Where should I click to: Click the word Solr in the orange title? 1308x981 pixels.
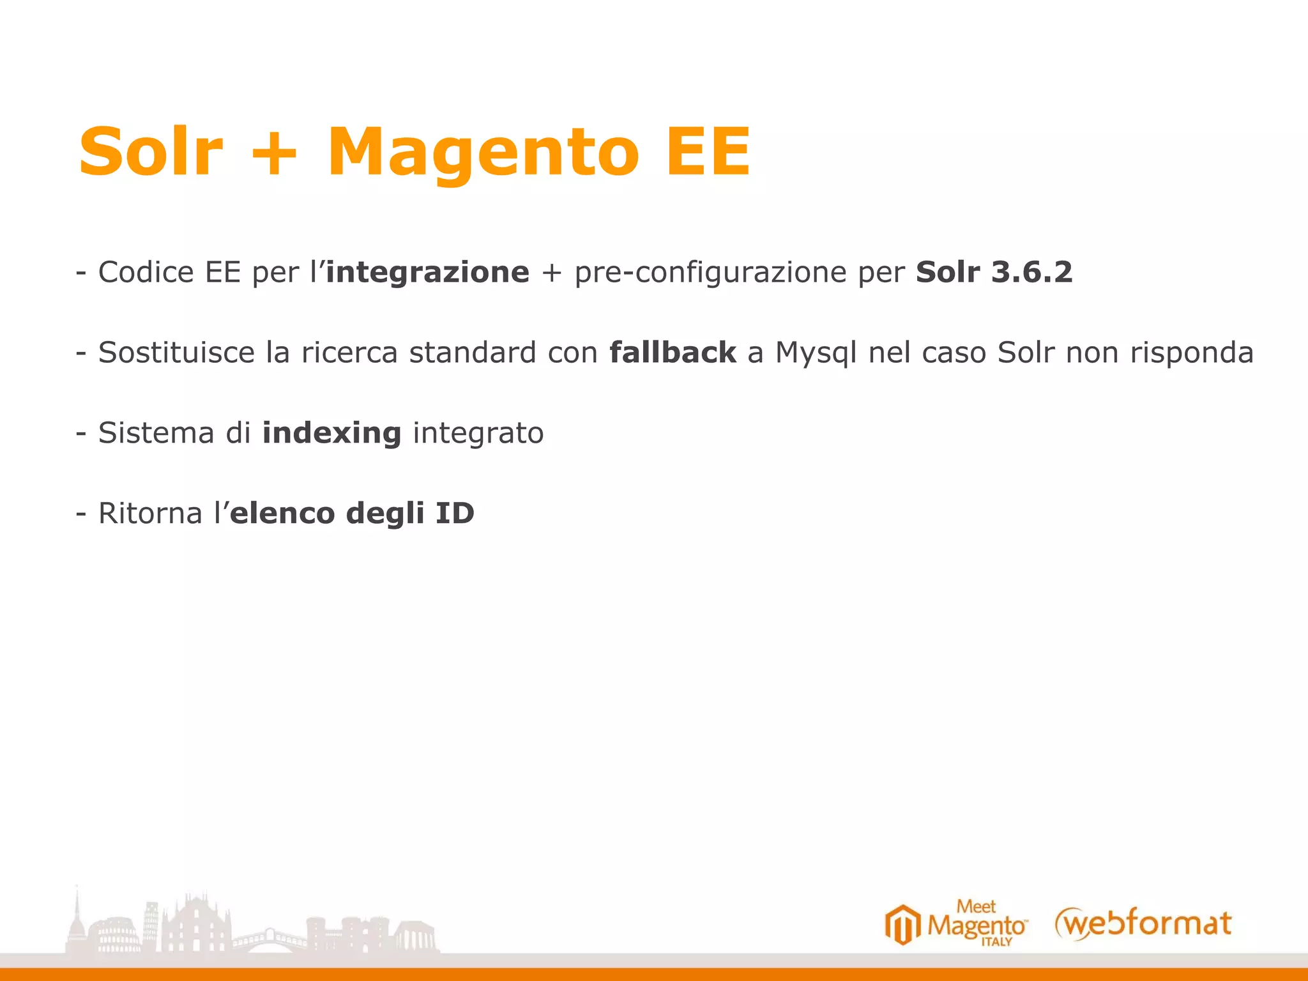[151, 152]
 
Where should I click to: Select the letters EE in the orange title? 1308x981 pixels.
[708, 152]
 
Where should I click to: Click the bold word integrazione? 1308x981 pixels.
[428, 273]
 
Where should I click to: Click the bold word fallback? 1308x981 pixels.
[673, 353]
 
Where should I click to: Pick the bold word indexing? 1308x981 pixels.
[331, 434]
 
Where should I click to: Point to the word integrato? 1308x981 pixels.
[478, 434]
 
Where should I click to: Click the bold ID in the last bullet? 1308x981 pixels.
[455, 513]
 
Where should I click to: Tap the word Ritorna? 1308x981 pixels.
[150, 513]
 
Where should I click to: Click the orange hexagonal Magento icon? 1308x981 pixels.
[902, 924]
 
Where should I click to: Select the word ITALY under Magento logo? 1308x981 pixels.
[996, 942]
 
